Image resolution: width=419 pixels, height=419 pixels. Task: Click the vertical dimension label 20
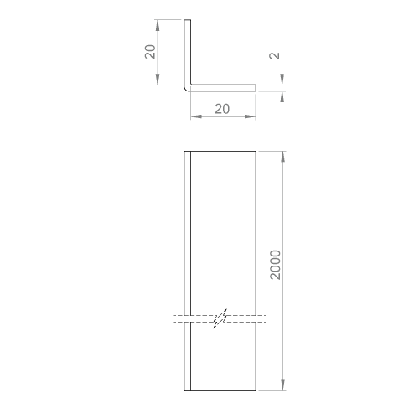coord(150,52)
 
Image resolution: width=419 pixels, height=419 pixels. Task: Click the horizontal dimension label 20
coord(222,109)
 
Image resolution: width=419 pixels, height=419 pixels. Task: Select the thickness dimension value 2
coord(274,55)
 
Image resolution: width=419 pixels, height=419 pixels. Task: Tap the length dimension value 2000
coord(275,265)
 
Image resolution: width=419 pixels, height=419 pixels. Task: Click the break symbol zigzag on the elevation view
coord(220,318)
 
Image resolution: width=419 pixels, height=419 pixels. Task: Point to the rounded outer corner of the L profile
coord(186,90)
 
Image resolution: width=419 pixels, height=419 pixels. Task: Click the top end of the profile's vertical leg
coord(188,20)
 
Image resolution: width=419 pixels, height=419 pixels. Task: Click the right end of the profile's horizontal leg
coord(256,88)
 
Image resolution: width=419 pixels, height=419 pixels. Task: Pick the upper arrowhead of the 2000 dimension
coord(283,157)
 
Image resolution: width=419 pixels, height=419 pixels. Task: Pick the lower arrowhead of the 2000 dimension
coord(283,385)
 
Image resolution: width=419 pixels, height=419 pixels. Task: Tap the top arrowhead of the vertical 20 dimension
coord(158,25)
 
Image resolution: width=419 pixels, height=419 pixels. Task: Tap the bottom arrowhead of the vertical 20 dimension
coord(158,80)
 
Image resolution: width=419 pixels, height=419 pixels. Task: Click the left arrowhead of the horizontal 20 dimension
coord(196,116)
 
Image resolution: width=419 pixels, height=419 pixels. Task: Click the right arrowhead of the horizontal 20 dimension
coord(251,116)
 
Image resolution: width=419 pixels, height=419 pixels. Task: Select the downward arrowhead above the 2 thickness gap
coord(282,79)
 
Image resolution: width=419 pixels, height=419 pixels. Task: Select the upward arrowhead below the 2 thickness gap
coord(282,96)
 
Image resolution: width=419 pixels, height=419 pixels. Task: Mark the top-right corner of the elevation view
coord(256,151)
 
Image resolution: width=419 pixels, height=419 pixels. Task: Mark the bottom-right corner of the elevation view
coord(256,390)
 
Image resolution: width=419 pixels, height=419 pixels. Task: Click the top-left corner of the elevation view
coord(184,151)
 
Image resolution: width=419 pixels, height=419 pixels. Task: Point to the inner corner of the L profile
coord(191,85)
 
